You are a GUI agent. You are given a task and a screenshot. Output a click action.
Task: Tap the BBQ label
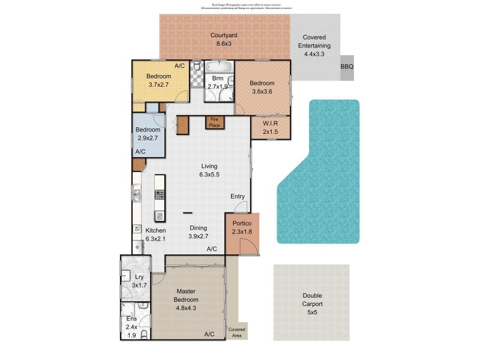346,67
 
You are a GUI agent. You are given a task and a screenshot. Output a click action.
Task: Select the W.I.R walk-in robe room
269,128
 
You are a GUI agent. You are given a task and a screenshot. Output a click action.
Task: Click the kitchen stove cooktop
160,194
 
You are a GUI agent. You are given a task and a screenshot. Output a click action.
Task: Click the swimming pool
318,174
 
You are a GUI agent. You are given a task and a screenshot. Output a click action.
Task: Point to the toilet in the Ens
143,336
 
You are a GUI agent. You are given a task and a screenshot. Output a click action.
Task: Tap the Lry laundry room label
139,277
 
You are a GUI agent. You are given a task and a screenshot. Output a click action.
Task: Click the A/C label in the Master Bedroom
209,334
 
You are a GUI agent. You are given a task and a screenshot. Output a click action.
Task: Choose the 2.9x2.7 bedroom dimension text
147,138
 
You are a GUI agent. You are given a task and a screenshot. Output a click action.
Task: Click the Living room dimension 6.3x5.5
209,175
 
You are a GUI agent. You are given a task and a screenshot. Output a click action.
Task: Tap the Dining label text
199,228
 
